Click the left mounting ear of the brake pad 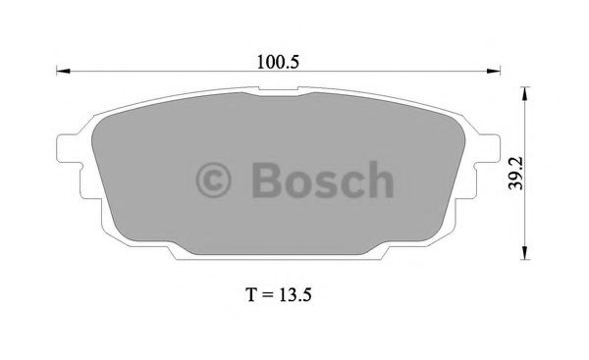pos(72,148)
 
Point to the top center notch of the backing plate pos(279,94)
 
